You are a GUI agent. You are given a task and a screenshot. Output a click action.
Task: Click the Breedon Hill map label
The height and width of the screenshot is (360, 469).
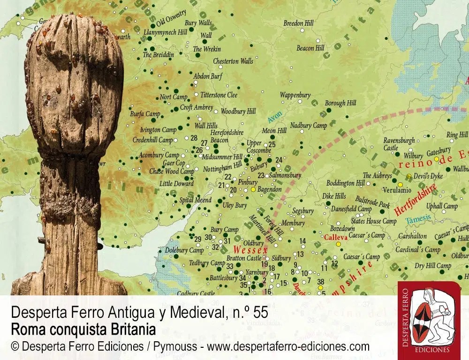298,23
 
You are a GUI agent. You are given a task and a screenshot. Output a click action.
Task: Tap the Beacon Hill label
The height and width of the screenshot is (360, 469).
310,48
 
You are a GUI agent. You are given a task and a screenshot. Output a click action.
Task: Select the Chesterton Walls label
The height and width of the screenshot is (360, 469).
233,61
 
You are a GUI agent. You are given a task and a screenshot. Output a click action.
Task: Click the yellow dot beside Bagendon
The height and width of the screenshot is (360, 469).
253,189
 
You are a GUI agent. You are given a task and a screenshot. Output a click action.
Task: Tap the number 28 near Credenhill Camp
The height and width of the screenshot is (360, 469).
194,138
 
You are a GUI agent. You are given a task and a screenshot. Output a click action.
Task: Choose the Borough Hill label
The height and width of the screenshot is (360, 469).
340,103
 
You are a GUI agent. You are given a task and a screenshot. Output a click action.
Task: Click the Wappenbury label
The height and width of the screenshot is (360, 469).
295,95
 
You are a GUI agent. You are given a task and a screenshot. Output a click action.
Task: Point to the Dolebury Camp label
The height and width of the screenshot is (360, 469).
184,250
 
